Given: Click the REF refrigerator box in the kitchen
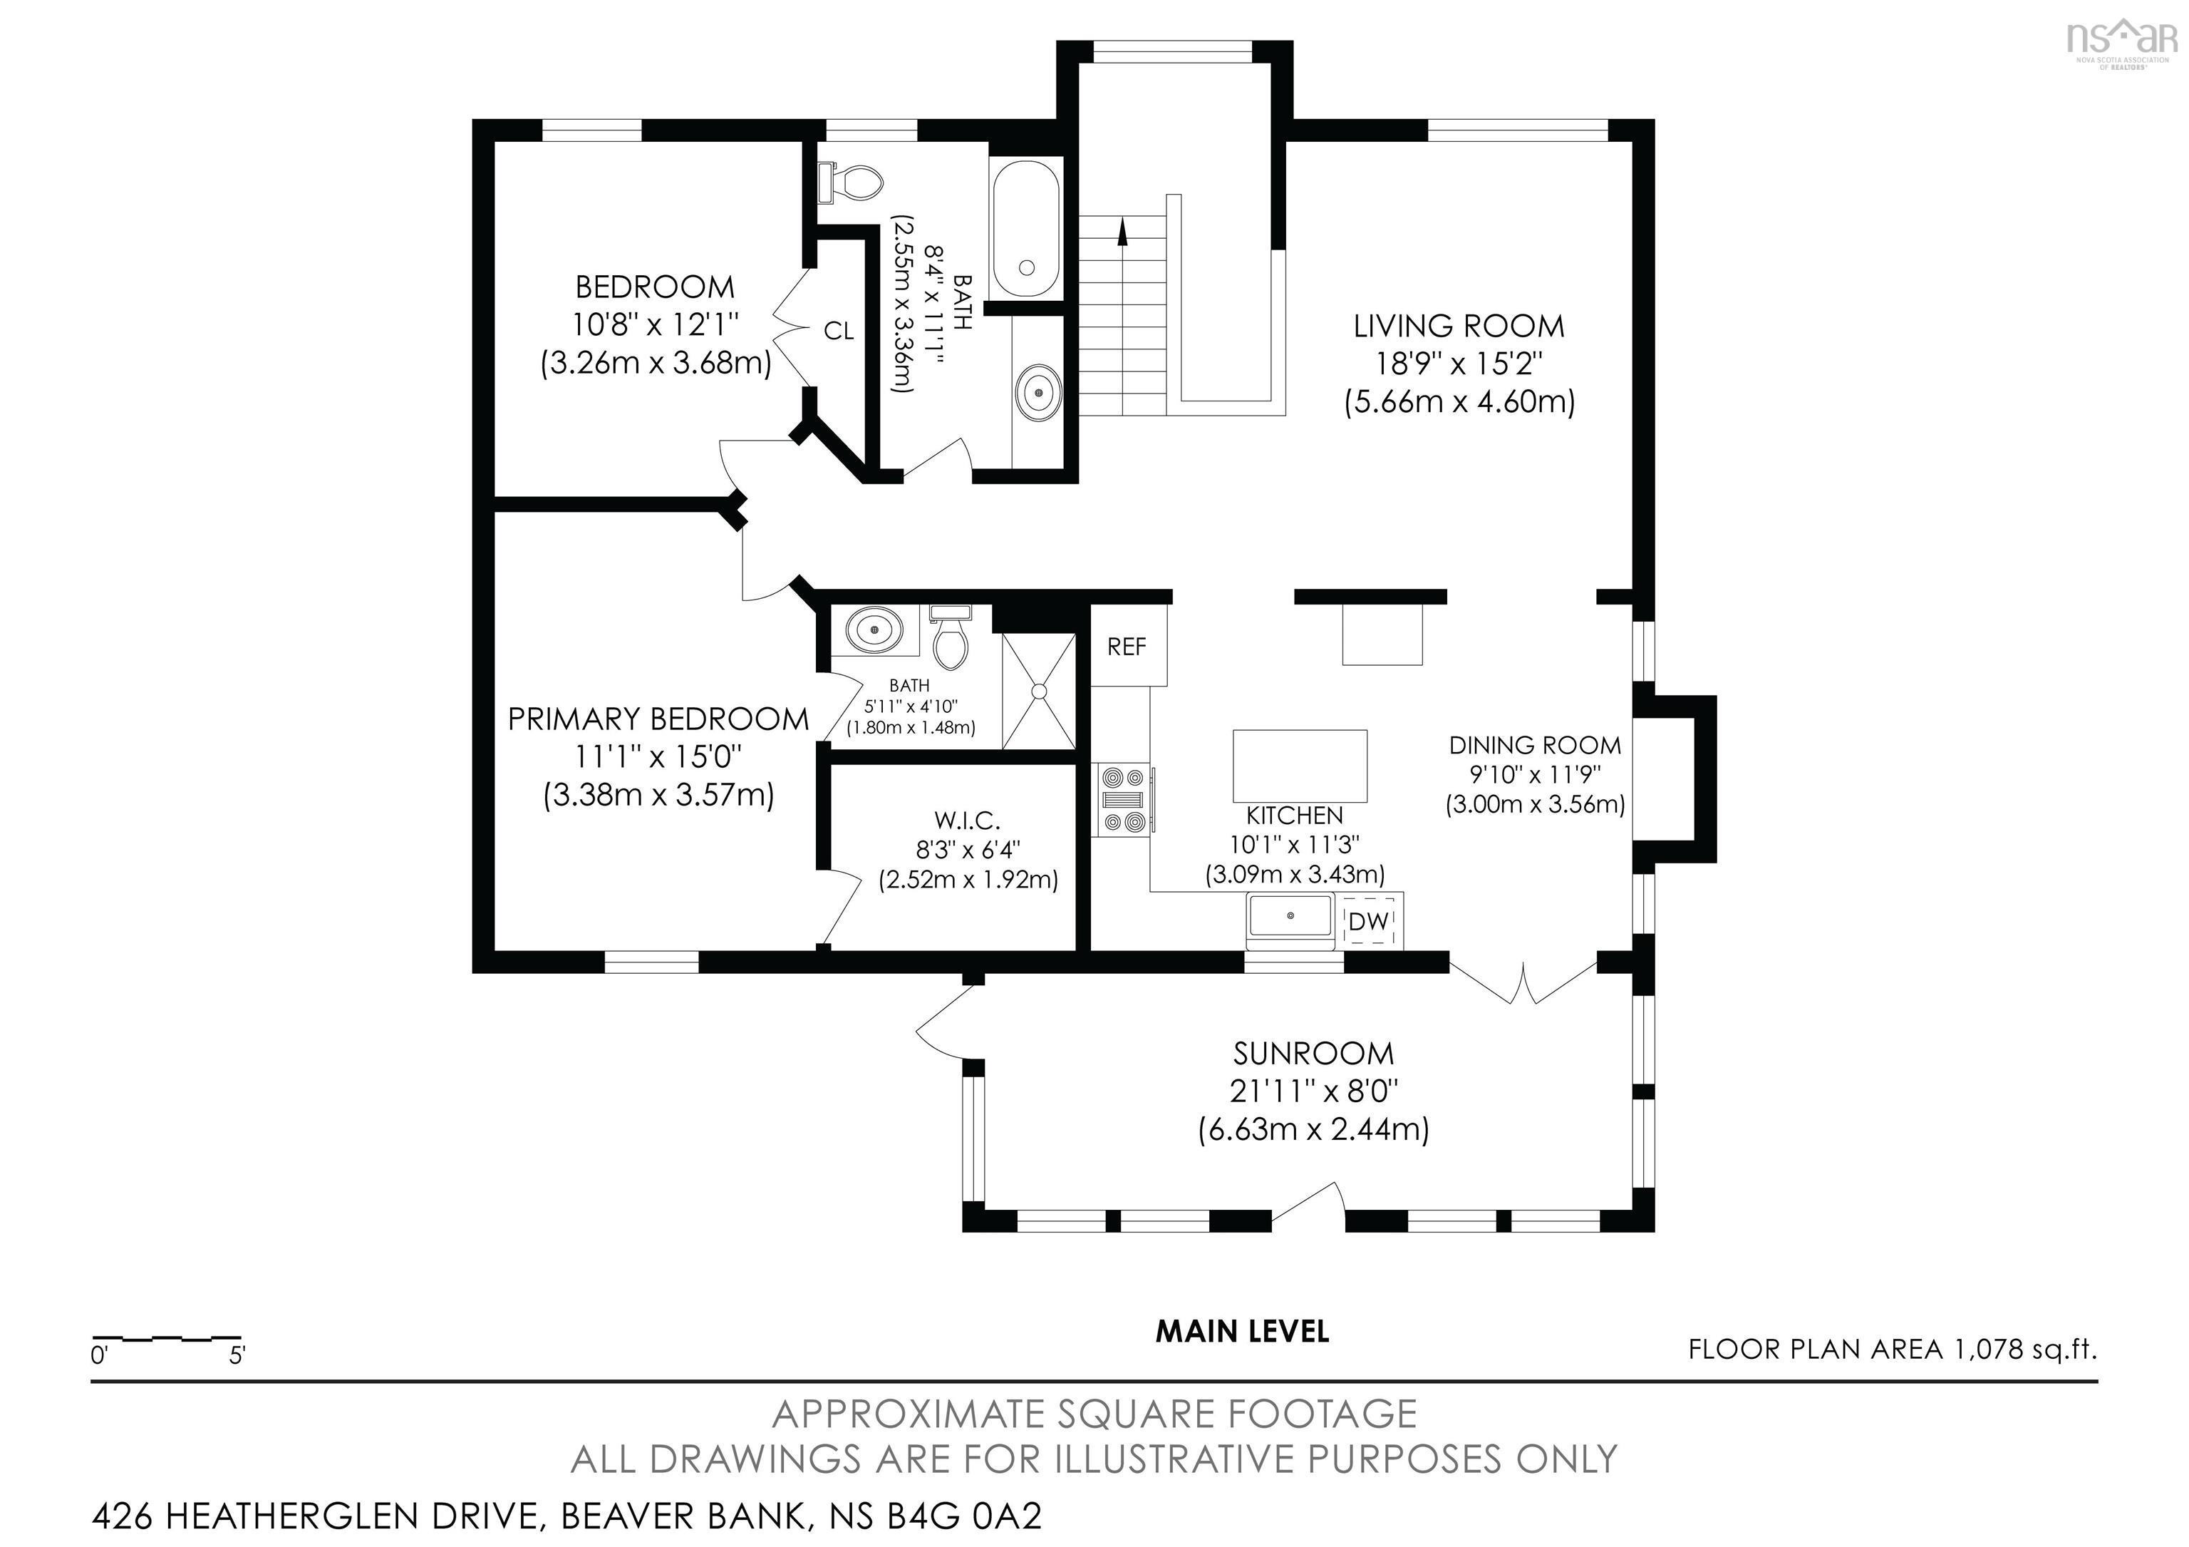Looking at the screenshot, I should [1128, 647].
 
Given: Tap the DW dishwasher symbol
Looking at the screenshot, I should [1369, 921].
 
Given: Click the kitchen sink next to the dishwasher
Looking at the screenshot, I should [1290, 918].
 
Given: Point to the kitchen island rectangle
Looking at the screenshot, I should [1300, 766].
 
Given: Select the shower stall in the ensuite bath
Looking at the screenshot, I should [1039, 692].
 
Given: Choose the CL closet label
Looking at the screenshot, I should [838, 331].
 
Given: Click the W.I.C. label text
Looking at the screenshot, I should [967, 819].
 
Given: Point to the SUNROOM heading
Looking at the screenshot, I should [1313, 1054].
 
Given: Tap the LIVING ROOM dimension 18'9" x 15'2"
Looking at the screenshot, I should [1459, 364].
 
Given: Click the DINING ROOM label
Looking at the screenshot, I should [1534, 745].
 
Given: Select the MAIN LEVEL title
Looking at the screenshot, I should [1241, 1332].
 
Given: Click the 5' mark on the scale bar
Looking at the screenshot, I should [237, 1355].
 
